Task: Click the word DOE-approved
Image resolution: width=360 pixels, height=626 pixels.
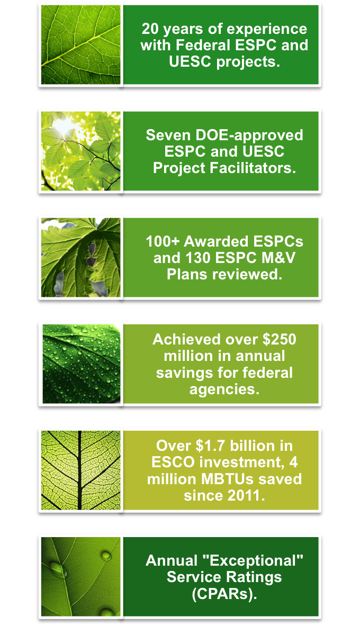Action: point(249,136)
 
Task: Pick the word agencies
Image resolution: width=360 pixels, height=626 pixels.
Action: point(224,389)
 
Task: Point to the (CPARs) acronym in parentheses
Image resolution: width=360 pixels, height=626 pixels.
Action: point(224,594)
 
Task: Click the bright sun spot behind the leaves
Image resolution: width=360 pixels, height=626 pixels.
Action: point(64,126)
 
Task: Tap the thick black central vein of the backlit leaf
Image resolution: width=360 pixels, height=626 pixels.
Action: point(79,470)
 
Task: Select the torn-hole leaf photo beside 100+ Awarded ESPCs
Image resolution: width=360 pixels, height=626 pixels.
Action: point(80,258)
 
